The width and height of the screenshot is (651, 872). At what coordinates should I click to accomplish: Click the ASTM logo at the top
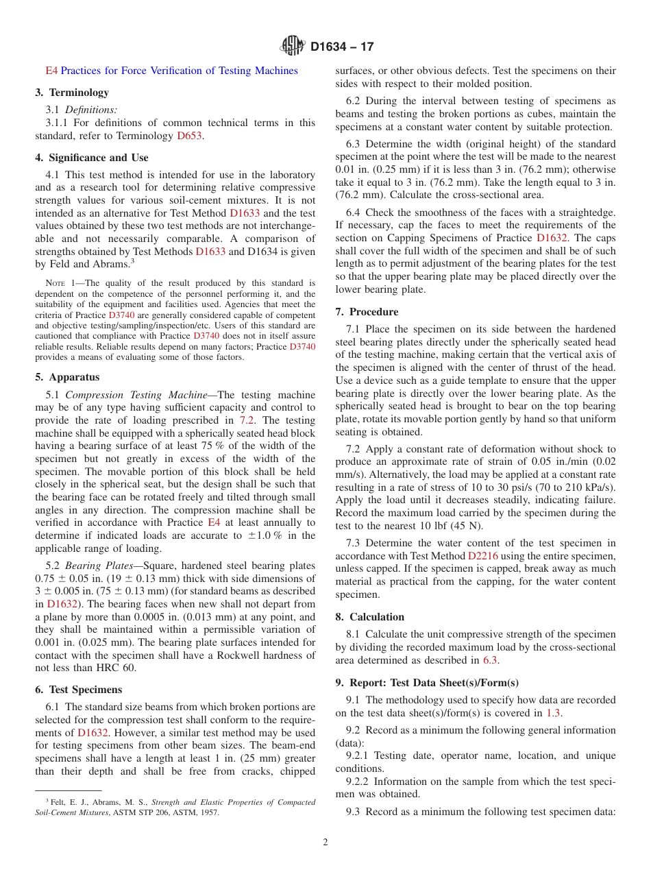(293, 47)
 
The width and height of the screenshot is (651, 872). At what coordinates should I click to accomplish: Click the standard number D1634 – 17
(342, 47)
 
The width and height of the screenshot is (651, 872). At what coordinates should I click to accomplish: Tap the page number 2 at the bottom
(325, 843)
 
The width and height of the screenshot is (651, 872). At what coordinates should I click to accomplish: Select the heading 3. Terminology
(72, 93)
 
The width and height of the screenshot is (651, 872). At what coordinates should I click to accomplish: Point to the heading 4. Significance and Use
(91, 158)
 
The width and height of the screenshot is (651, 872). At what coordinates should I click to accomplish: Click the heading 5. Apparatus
(67, 377)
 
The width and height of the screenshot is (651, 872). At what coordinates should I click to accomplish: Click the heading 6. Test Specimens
(78, 690)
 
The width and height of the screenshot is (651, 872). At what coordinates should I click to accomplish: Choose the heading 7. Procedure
(367, 312)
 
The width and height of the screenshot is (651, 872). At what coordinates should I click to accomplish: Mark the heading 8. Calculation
(370, 617)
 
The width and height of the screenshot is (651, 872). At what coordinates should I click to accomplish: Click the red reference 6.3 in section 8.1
(491, 660)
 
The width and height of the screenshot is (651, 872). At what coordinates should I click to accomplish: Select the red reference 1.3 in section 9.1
(553, 713)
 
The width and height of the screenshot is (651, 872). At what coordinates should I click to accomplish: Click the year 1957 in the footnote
(209, 812)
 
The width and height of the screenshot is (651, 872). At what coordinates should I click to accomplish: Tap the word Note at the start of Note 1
(54, 282)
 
